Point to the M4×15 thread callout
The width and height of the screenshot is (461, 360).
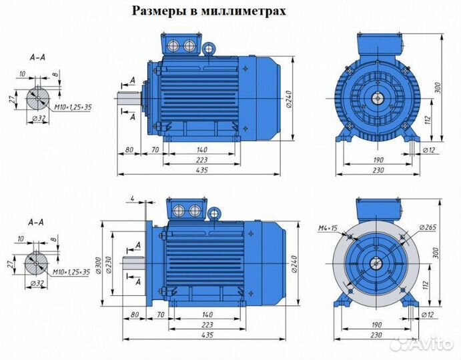click(x=328, y=229)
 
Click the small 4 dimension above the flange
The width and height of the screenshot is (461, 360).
click(x=133, y=198)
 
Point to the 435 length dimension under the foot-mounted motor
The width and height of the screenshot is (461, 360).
click(x=201, y=171)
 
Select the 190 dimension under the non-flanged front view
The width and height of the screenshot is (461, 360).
click(x=378, y=160)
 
